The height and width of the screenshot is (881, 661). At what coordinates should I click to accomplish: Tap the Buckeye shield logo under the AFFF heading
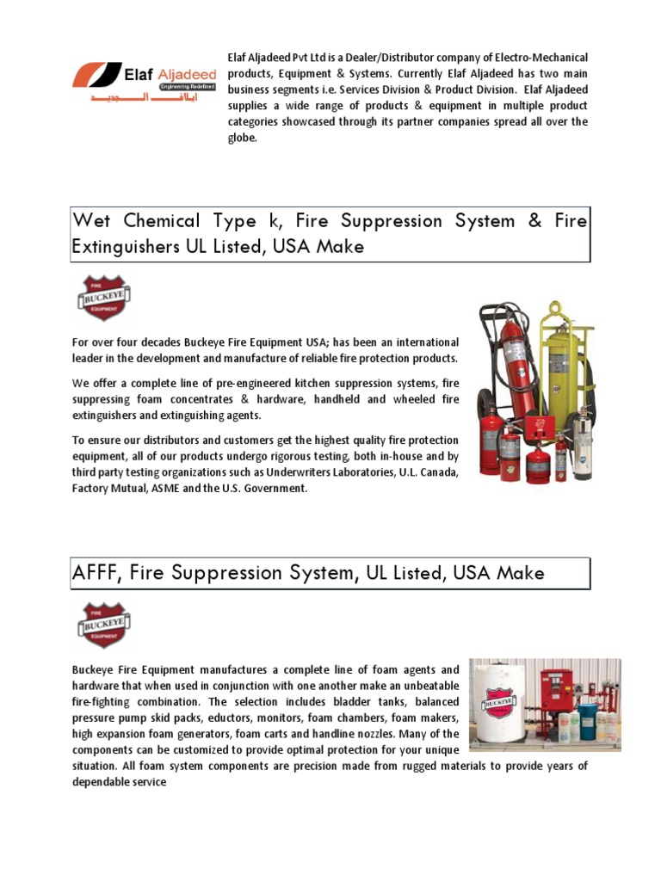[x=103, y=624]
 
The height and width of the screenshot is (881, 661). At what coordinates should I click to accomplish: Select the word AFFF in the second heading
[x=96, y=572]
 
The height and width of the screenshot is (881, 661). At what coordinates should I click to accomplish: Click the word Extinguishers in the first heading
[x=126, y=247]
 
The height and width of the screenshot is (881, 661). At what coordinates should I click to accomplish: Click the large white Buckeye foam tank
[x=500, y=706]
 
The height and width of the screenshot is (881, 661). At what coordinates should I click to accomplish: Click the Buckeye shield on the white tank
[x=498, y=702]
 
